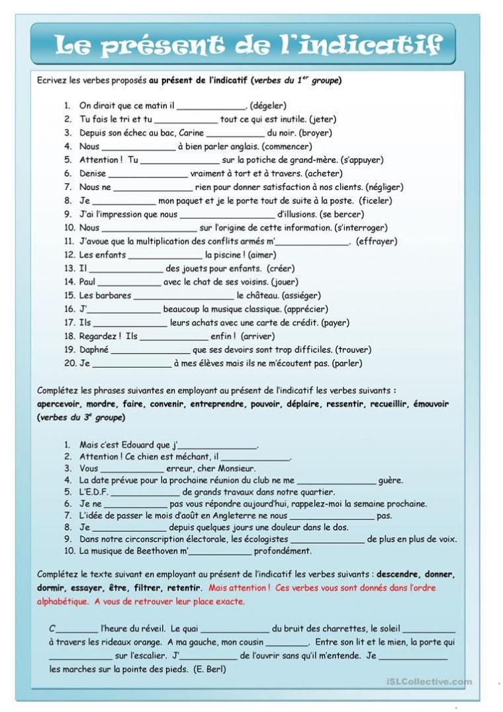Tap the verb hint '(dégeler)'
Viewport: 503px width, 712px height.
tap(268, 105)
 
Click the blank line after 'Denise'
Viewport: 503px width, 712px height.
tap(147, 174)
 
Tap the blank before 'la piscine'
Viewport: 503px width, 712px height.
tap(165, 256)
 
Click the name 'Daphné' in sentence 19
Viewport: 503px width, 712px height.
tap(94, 350)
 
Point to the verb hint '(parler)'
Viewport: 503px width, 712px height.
tap(347, 364)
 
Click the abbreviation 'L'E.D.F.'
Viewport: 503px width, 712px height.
tap(93, 492)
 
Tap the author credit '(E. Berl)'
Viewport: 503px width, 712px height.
tap(210, 670)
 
